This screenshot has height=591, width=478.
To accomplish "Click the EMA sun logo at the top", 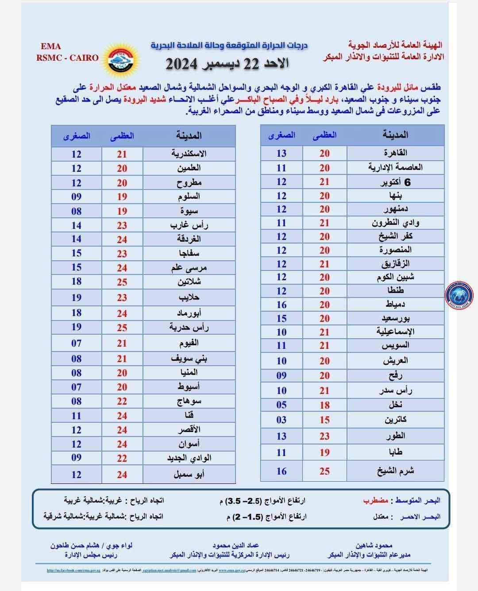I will tap(118, 58).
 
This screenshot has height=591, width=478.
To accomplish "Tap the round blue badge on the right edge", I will tap(459, 295).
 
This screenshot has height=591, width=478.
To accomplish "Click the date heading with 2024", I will tap(227, 64).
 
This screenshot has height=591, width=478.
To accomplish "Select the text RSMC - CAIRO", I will tap(68, 58).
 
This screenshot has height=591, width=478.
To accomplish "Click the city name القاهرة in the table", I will tap(396, 153).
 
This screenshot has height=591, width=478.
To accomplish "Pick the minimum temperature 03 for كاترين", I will tap(281, 420).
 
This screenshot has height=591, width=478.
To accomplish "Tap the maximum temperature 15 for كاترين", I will tap(324, 420).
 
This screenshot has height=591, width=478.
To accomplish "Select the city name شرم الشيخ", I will tap(396, 471).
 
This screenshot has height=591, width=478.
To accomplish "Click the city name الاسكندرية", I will tap(189, 154).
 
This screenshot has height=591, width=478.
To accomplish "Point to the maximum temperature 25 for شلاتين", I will tap(122, 282).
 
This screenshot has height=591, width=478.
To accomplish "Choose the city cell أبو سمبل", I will tap(189, 475).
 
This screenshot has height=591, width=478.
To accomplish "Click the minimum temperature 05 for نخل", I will tap(281, 405).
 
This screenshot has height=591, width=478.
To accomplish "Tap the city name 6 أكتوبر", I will tap(396, 182).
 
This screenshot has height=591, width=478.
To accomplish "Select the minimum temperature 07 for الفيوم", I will tap(77, 343).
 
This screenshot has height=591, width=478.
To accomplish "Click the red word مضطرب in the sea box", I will tap(376, 501).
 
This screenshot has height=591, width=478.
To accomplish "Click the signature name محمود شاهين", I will tap(374, 545).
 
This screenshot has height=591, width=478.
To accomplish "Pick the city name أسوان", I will tap(189, 444).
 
